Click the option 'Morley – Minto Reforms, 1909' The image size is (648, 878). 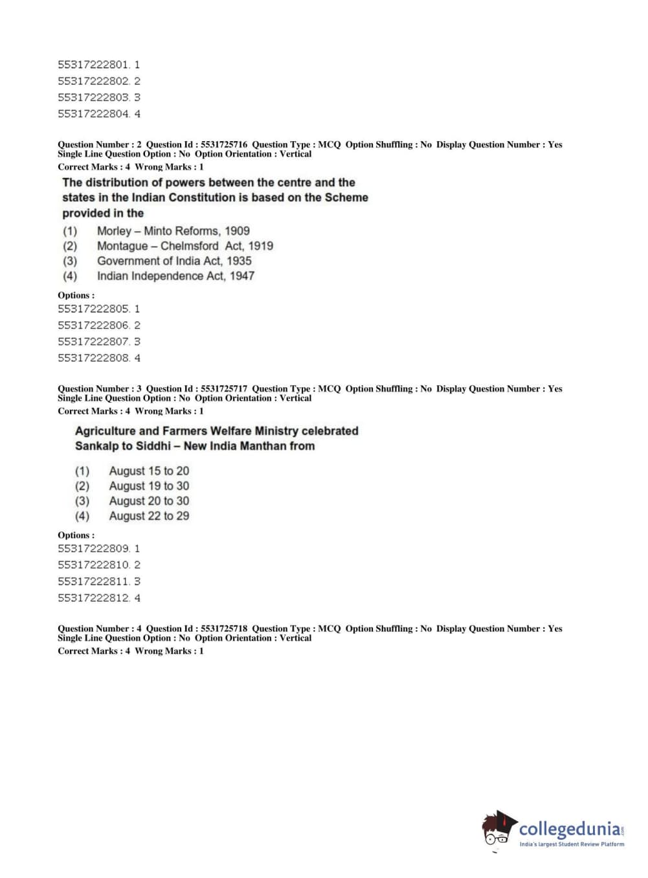click(173, 231)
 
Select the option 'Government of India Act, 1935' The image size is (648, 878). click(174, 261)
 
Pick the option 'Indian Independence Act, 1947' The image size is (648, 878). click(175, 276)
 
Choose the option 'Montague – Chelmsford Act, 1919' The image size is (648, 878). click(184, 246)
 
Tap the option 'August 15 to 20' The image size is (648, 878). click(149, 471)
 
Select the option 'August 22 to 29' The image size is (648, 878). click(149, 516)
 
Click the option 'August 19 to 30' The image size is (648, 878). click(149, 486)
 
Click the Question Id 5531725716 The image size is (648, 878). click(223, 145)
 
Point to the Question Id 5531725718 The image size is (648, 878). click(223, 629)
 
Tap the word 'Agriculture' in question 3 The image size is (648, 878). click(104, 431)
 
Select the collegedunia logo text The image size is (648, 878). click(570, 829)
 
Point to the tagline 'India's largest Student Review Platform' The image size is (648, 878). click(572, 844)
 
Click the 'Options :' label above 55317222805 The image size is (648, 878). click(76, 295)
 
